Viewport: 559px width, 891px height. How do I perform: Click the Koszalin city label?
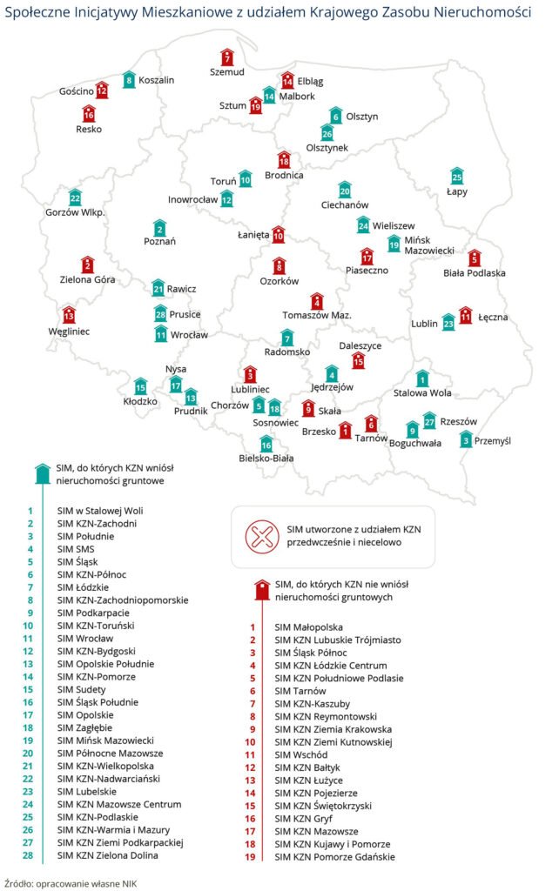point(157,80)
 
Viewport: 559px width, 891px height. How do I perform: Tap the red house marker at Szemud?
point(227,57)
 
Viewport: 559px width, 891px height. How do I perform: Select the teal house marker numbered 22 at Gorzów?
point(75,198)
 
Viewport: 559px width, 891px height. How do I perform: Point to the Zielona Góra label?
point(87,279)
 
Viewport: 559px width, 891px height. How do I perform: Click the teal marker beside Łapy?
point(457,176)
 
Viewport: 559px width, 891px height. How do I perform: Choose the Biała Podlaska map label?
point(474,272)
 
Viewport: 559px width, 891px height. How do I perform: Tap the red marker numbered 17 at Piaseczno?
point(367,256)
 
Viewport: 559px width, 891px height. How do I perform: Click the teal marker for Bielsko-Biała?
point(266,443)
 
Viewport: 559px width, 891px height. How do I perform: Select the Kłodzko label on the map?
point(140,402)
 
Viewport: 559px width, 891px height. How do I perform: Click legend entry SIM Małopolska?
point(308,626)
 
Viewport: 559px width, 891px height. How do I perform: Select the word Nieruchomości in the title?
point(478,15)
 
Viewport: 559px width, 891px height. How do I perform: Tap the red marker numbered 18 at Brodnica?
point(283,159)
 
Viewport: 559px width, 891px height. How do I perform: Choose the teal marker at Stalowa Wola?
point(422,378)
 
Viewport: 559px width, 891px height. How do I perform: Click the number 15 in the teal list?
point(29,688)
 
